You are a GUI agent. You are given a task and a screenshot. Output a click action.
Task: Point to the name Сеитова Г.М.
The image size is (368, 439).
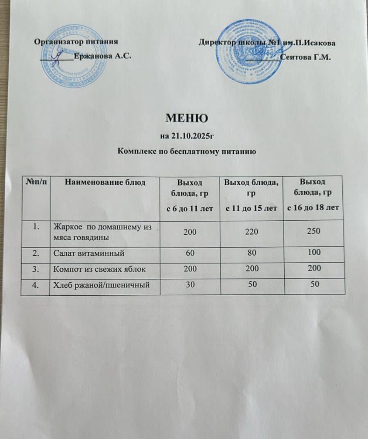305,57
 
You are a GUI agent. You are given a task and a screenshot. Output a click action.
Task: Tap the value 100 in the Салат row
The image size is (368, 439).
313,252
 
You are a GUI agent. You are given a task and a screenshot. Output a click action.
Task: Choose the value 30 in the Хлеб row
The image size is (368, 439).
190,285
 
